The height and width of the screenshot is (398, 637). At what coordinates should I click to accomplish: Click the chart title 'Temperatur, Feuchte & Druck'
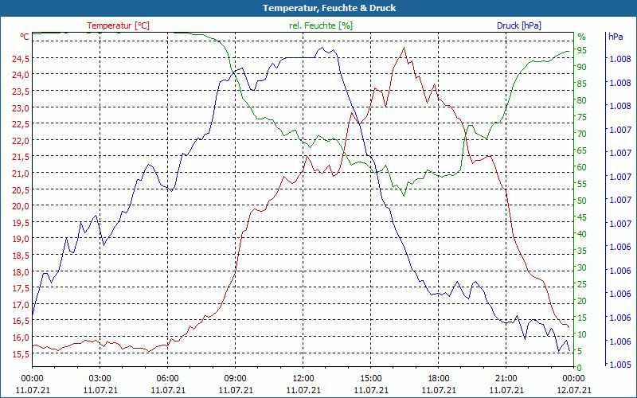(318, 8)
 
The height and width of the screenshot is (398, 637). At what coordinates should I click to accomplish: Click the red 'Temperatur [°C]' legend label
(118, 25)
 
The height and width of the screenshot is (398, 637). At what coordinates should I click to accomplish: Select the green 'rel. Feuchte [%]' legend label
(320, 25)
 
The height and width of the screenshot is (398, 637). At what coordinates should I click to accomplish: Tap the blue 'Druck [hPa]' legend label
(518, 25)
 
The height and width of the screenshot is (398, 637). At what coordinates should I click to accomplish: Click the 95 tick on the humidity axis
(582, 50)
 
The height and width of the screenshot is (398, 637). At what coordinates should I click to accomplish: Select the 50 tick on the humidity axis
(582, 201)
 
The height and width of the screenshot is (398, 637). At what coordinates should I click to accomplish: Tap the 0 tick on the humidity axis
(580, 368)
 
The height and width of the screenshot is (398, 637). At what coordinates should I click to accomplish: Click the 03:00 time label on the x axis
(100, 378)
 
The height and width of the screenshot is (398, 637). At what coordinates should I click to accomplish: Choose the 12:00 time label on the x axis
(303, 378)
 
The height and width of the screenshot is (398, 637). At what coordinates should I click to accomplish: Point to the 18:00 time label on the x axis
(438, 378)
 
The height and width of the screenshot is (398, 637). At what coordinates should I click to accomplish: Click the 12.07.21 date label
(573, 390)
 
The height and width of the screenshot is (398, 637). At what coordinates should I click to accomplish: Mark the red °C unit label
(25, 37)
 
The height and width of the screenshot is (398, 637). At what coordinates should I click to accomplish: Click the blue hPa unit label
(615, 37)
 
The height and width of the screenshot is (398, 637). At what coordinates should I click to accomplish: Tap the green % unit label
(581, 37)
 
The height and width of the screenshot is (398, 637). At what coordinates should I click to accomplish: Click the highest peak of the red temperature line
(404, 48)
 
